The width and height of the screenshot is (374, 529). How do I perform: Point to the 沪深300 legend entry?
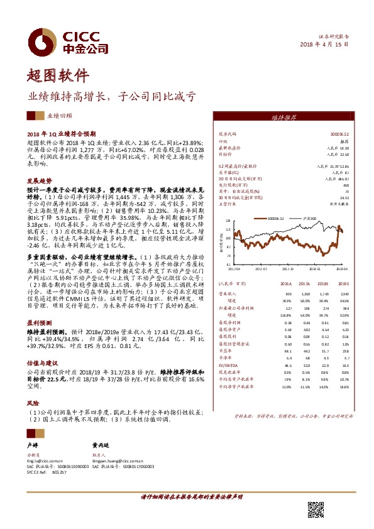tap(309, 219)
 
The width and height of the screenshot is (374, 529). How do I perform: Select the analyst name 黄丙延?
tap(101, 443)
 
